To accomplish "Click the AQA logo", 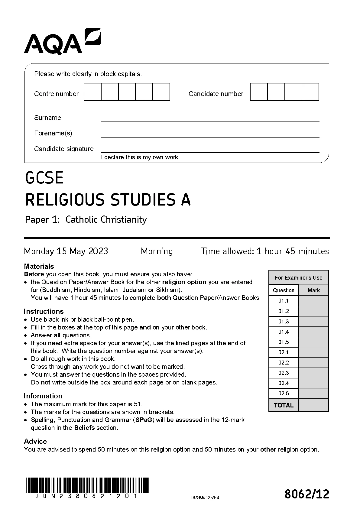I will pyautogui.click(x=62, y=42).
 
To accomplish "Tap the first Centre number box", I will pyautogui.click(x=92, y=92).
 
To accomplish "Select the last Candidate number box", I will pyautogui.click(x=310, y=92).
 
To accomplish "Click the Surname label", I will pyautogui.click(x=47, y=118).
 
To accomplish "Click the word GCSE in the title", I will pyautogui.click(x=44, y=178).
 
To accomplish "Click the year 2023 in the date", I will pyautogui.click(x=98, y=251).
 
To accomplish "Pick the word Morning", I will pyautogui.click(x=157, y=251).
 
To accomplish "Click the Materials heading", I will pyautogui.click(x=39, y=266).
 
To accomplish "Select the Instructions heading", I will pyautogui.click(x=44, y=311).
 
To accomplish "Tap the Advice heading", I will pyautogui.click(x=35, y=441).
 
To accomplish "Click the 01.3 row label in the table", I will pyautogui.click(x=284, y=322).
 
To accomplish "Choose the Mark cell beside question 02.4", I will pyautogui.click(x=313, y=383).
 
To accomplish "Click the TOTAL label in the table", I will pyautogui.click(x=284, y=405).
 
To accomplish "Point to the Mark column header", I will pyautogui.click(x=313, y=290).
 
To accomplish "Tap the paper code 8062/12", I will pyautogui.click(x=306, y=494).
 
